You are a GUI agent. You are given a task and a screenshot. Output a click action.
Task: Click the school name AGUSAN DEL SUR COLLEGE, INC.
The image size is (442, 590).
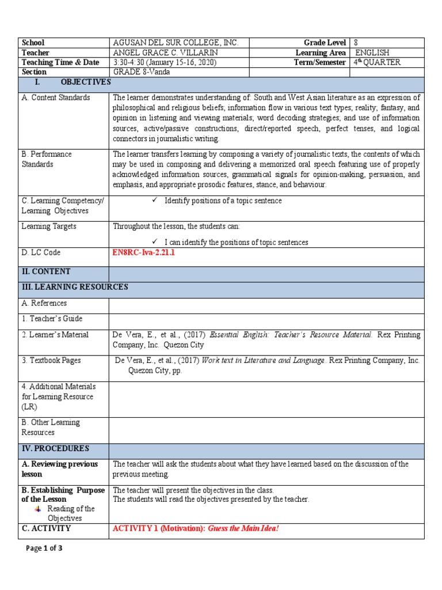pos(175,43)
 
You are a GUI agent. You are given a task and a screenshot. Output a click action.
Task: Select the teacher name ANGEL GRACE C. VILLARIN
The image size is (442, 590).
pos(171,52)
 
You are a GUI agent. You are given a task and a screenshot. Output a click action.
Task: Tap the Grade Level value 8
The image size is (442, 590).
pos(356,43)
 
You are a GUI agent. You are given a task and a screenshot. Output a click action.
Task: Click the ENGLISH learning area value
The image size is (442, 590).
pos(372,52)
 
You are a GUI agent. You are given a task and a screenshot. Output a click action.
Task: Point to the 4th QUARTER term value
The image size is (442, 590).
pos(377,62)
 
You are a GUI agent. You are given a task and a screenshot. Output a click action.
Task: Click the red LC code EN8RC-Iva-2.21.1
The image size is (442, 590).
pos(143,252)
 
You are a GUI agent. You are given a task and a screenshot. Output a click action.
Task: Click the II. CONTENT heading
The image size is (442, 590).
pos(46,271)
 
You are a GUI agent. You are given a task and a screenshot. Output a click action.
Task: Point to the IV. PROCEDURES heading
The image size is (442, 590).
pos(55,448)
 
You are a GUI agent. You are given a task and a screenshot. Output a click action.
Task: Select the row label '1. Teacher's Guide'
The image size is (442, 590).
pos(52,319)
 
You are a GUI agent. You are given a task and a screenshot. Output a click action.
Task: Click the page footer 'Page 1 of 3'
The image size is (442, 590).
pos(44,549)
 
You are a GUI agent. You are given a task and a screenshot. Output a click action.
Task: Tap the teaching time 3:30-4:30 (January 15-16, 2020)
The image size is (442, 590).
pos(165,62)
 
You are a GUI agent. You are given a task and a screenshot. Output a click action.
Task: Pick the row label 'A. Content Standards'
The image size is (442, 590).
pos(56,97)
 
